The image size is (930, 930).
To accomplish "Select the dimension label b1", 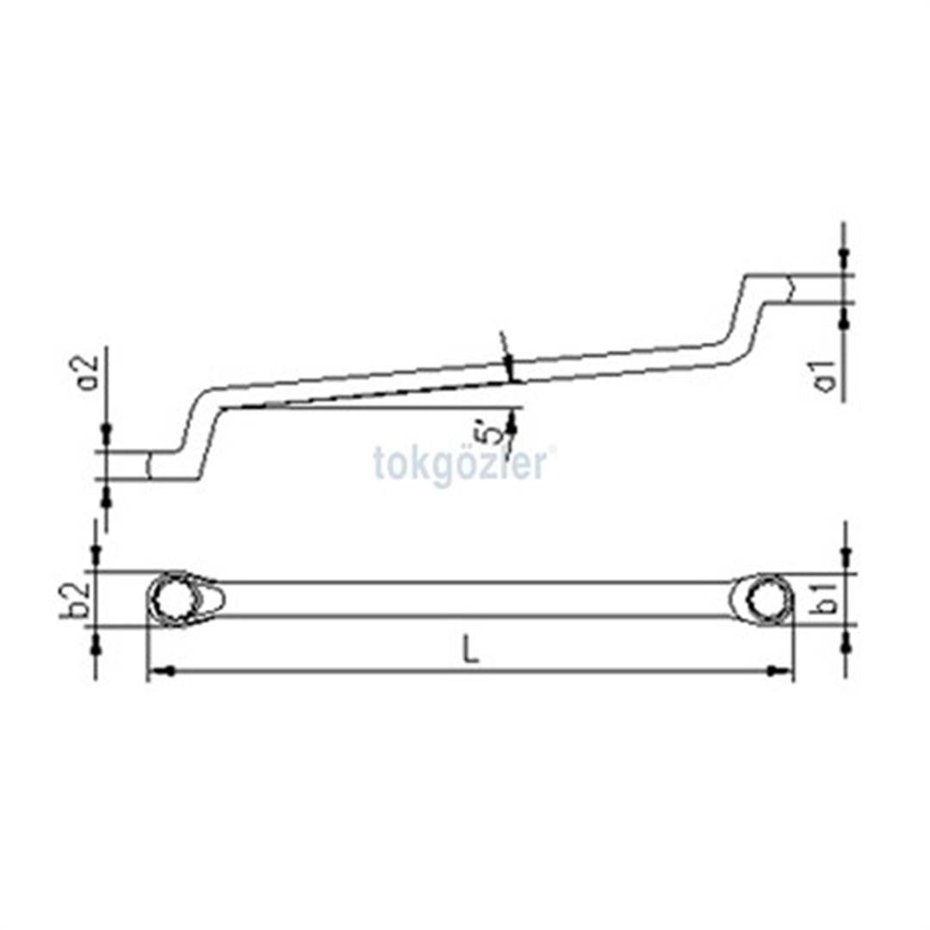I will [x=828, y=597].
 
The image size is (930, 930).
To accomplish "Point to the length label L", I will [x=469, y=650].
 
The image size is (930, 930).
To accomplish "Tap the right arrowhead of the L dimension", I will [x=783, y=670].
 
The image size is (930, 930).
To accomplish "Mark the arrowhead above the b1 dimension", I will [x=846, y=556].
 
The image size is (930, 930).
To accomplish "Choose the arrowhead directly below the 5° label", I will [x=513, y=419].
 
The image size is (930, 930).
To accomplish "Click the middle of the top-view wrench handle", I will [x=474, y=598].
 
